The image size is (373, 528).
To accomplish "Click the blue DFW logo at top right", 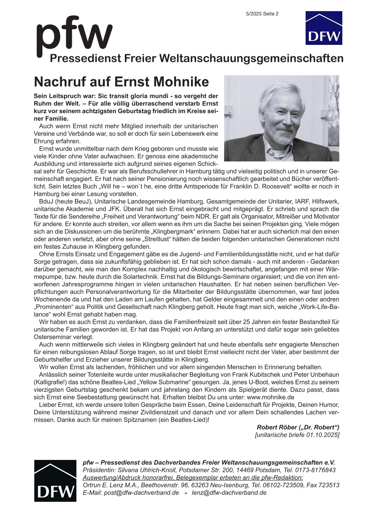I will click(x=324, y=28).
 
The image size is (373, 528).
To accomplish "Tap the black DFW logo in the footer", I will click(x=55, y=481).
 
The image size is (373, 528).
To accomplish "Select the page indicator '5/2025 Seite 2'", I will click(x=262, y=14).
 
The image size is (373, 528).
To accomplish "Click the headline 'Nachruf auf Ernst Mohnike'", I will click(x=121, y=82).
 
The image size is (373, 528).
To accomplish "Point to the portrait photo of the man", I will click(x=282, y=118).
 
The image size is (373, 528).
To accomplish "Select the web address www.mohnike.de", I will click(x=270, y=397).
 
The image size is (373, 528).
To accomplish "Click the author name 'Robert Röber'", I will click(x=276, y=427).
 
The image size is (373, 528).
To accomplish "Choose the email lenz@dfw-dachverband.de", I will click(x=229, y=493).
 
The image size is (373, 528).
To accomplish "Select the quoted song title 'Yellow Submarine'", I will click(x=165, y=382).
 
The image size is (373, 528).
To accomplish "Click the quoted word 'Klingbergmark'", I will click(x=174, y=232).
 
